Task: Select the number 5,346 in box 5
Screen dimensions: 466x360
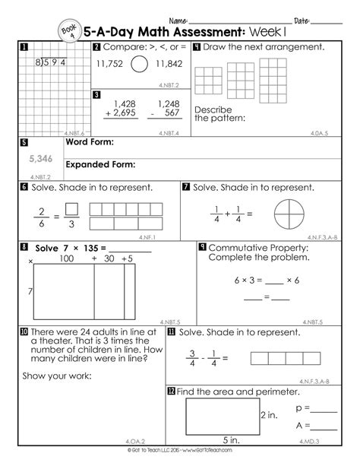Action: click(41, 159)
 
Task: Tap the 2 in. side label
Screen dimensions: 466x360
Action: click(267, 416)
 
